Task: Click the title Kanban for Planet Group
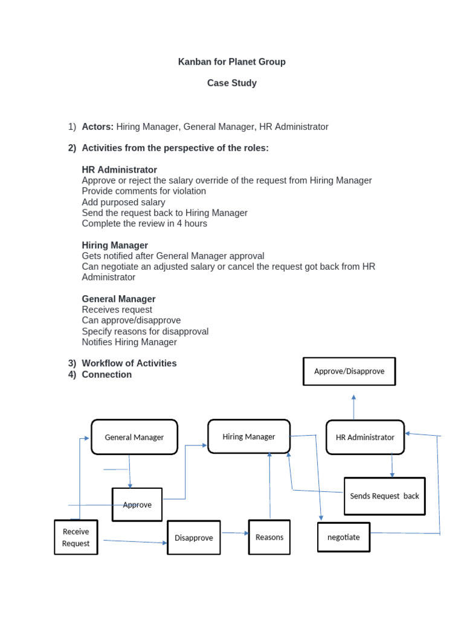pyautogui.click(x=231, y=62)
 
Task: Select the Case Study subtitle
pyautogui.click(x=231, y=83)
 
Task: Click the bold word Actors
pyautogui.click(x=97, y=127)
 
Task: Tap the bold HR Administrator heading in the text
pyautogui.click(x=119, y=170)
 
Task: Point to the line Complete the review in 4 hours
pyautogui.click(x=144, y=223)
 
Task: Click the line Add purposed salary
pyautogui.click(x=123, y=202)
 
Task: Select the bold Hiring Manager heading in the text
pyautogui.click(x=115, y=245)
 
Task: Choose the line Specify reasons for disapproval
pyautogui.click(x=145, y=331)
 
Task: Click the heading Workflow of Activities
pyautogui.click(x=129, y=363)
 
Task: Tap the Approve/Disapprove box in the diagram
pyautogui.click(x=349, y=371)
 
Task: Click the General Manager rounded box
pyautogui.click(x=134, y=437)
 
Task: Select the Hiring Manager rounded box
pyautogui.click(x=248, y=436)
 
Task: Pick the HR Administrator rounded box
pyautogui.click(x=365, y=437)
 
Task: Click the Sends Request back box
pyautogui.click(x=384, y=495)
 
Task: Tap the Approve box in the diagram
pyautogui.click(x=137, y=505)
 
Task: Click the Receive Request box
pyautogui.click(x=76, y=537)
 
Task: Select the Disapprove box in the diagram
pyautogui.click(x=193, y=537)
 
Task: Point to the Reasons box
pyautogui.click(x=269, y=537)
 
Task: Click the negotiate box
pyautogui.click(x=343, y=537)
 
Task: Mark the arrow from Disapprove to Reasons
pyautogui.click(x=235, y=533)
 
